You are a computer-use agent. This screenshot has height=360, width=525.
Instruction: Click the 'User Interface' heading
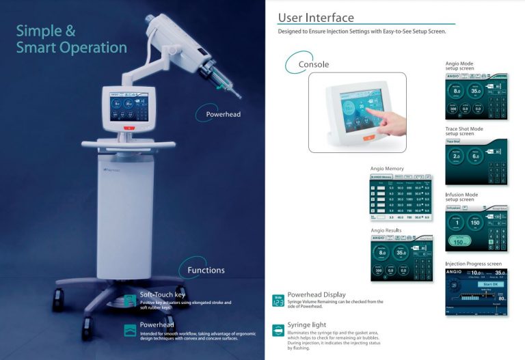point(316,17)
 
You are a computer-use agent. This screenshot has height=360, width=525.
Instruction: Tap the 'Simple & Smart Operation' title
point(71,39)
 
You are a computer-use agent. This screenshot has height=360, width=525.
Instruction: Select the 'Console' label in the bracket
point(314,64)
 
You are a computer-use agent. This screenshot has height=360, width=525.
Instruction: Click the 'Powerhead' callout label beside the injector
point(223,114)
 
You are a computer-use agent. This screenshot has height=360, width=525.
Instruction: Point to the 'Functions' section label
point(206,270)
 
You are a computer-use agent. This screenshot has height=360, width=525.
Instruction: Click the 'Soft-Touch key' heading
point(162,295)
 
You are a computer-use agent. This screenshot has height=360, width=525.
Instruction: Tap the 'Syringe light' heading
point(307,324)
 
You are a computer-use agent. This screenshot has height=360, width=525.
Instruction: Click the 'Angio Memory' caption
point(387,168)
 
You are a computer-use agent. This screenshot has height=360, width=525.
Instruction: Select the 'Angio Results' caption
point(386,231)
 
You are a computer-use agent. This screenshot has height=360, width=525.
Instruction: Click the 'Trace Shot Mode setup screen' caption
point(464,131)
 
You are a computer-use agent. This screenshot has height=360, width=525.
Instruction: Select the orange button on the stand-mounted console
point(126,128)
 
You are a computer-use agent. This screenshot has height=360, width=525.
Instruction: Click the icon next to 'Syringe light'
point(278,330)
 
